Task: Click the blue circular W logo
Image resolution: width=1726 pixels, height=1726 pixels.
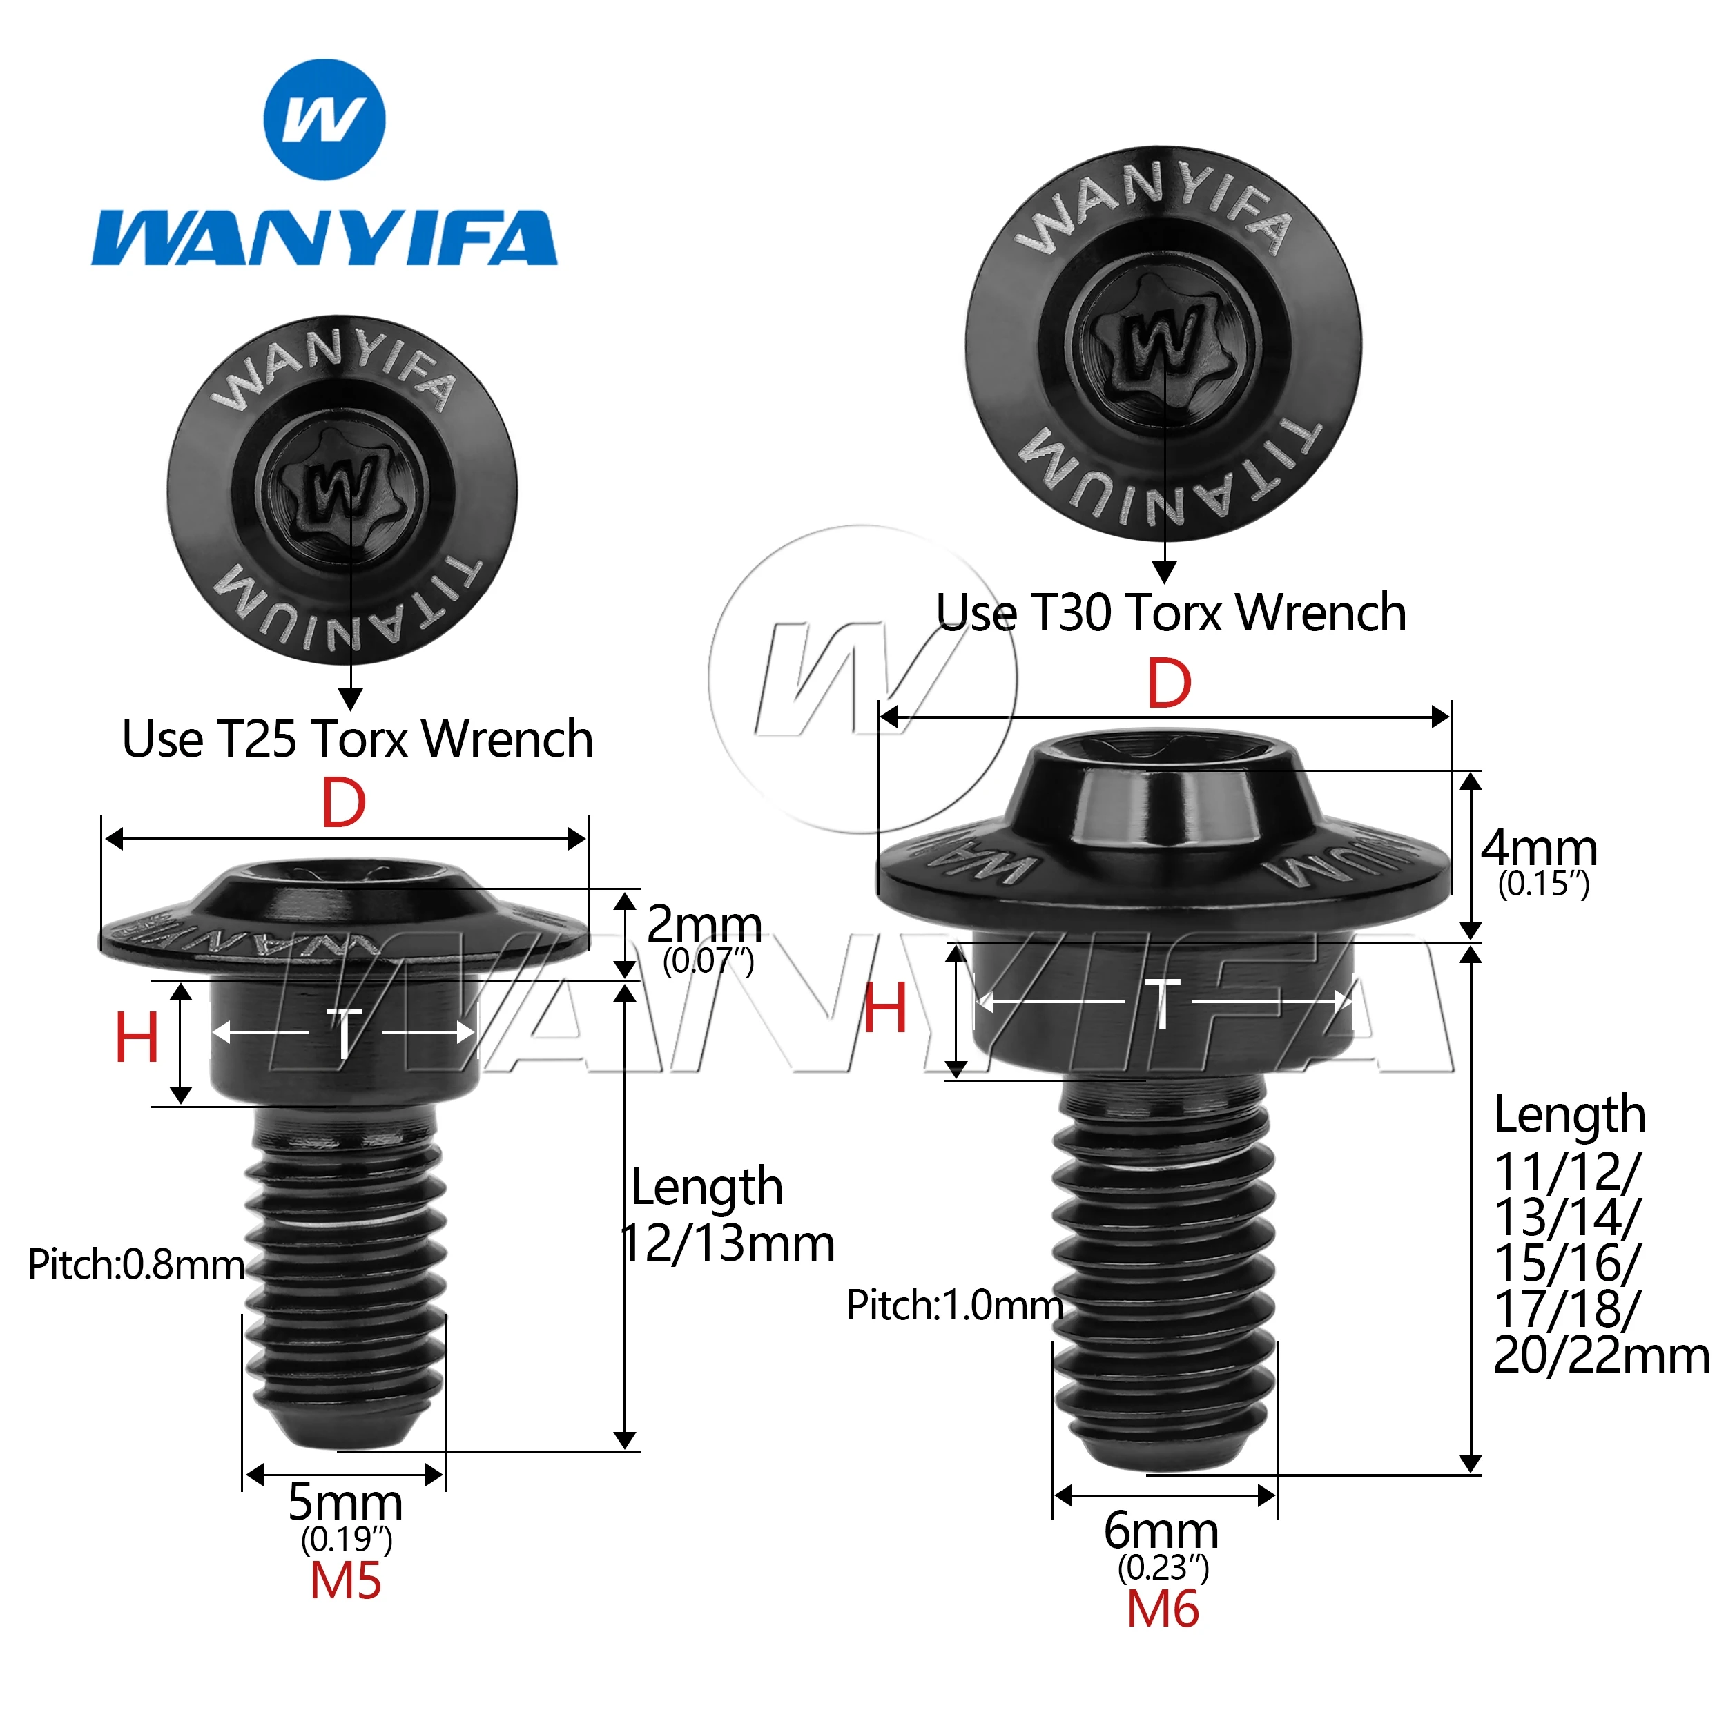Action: point(325,119)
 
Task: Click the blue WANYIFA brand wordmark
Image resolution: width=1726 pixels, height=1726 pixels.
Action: point(324,238)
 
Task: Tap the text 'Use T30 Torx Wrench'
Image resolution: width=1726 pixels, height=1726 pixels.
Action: point(1171,613)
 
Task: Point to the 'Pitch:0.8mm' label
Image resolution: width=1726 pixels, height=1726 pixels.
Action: point(136,1265)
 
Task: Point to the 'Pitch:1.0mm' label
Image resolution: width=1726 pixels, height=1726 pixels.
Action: point(954,1306)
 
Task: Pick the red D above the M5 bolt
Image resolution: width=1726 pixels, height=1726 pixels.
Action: point(344,804)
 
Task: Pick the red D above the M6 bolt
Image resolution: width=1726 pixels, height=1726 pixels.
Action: point(1170,685)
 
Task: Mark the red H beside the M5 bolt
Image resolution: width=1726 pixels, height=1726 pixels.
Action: point(137,1038)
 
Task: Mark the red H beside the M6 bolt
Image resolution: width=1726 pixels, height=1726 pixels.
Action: point(885,1009)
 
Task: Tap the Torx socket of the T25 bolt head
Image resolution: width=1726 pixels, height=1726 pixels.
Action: point(340,490)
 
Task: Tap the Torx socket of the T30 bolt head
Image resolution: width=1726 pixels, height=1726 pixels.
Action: point(1163,340)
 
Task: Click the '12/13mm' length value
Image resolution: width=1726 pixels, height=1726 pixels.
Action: point(728,1243)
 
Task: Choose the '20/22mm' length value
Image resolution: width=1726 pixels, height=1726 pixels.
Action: point(1600,1356)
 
